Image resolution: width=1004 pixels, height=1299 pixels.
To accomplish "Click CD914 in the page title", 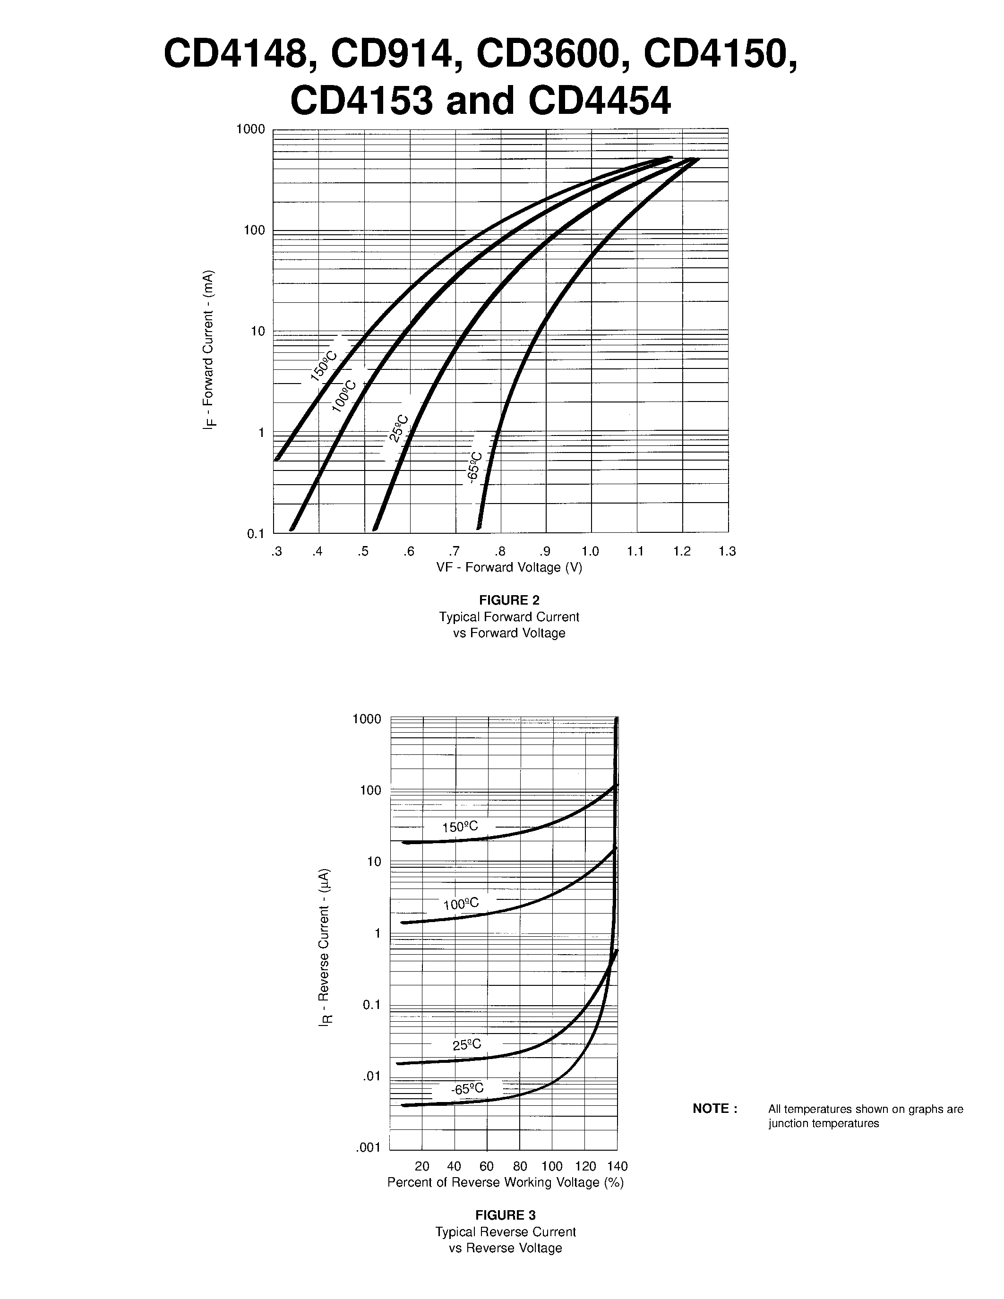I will click(x=393, y=54).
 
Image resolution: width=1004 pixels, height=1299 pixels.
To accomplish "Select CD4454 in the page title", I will click(x=599, y=101).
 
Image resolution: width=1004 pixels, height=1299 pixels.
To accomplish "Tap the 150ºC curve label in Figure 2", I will click(x=324, y=365).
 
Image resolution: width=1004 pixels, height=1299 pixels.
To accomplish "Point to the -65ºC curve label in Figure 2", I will click(x=475, y=468).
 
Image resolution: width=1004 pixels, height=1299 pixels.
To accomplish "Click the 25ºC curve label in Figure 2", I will click(x=398, y=428).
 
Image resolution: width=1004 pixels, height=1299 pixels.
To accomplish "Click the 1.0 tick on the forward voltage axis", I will click(x=590, y=551).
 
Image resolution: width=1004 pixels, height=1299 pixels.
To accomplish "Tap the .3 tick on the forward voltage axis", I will click(x=276, y=551).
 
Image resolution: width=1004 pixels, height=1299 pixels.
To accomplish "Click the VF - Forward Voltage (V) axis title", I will click(x=509, y=567).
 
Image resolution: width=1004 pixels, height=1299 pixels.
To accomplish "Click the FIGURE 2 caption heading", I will click(x=509, y=600).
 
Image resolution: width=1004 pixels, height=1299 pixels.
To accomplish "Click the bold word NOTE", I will click(x=715, y=1109).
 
